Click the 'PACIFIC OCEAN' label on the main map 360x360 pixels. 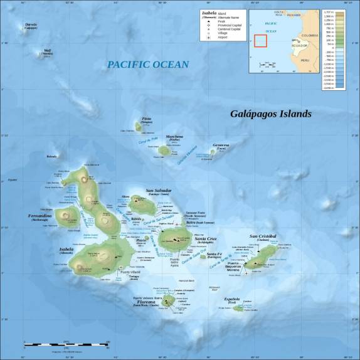coord(147,64)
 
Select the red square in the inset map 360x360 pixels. coord(260,41)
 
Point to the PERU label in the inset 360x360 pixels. coord(305,60)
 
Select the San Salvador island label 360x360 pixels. coord(158,190)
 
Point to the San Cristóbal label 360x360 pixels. coord(263,236)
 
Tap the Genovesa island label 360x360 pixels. coord(221,145)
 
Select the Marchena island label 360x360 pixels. coord(174,137)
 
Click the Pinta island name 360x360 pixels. coord(147,119)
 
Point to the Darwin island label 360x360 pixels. coord(31,24)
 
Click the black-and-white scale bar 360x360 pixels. coord(66,344)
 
